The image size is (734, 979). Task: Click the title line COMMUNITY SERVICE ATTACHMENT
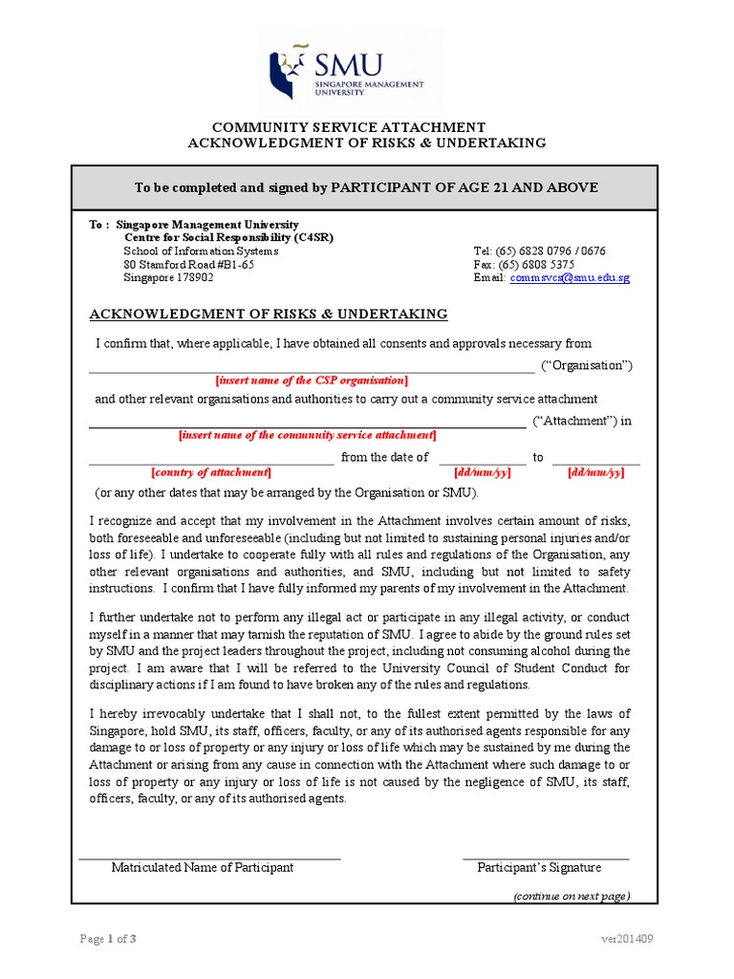coord(348,127)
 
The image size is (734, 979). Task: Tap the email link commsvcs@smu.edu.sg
coord(570,278)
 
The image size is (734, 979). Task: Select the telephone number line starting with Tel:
coord(539,251)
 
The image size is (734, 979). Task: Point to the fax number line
coord(524,265)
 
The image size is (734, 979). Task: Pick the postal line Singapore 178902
coord(168,278)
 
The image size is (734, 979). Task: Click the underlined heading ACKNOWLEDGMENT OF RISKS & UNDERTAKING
coord(268,315)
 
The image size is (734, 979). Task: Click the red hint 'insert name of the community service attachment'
coord(308,435)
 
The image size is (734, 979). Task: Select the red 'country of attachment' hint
coord(211,472)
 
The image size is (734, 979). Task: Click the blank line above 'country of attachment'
coord(211,463)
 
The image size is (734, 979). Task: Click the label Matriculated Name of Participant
coord(203,868)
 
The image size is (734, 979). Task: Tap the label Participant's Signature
coord(539,868)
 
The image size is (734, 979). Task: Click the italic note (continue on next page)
coord(571,896)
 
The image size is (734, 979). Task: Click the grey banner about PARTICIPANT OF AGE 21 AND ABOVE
coord(365,187)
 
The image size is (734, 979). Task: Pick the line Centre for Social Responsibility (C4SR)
coord(229,238)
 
